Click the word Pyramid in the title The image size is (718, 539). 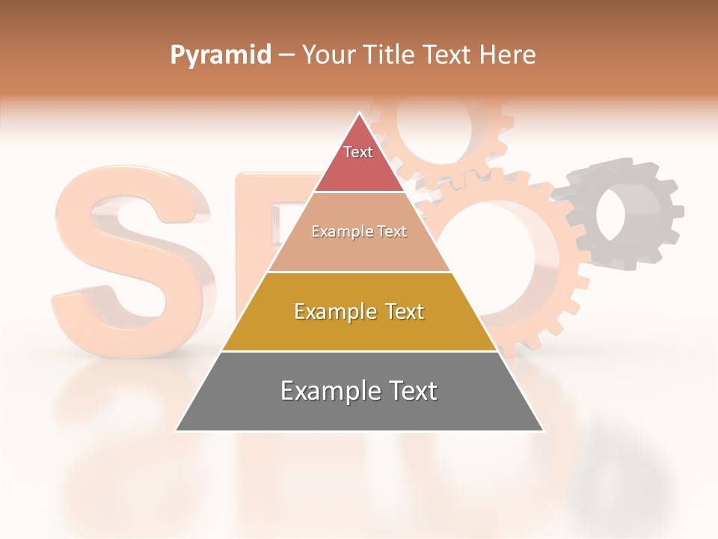pyautogui.click(x=220, y=55)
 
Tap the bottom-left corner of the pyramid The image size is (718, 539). pyautogui.click(x=177, y=430)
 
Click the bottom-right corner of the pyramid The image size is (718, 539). pyautogui.click(x=542, y=430)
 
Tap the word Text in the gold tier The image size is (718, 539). pyautogui.click(x=400, y=311)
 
